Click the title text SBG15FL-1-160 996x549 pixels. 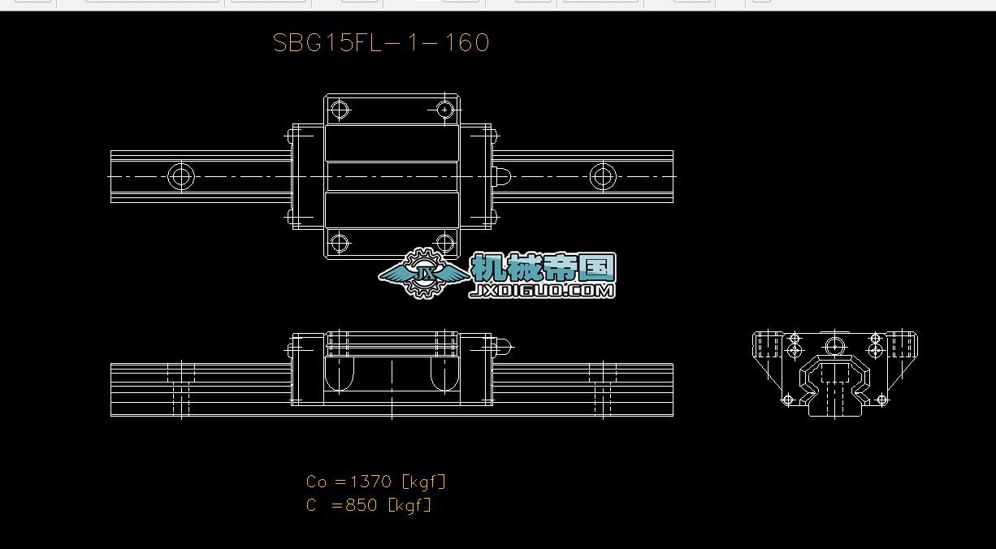click(381, 43)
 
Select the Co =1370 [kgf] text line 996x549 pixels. click(376, 482)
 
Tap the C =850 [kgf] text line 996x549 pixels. click(369, 505)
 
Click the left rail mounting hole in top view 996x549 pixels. click(181, 176)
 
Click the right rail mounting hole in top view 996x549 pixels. click(603, 176)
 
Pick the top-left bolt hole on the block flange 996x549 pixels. click(339, 109)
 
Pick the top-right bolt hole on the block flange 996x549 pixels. click(444, 109)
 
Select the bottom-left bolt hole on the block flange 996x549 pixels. click(339, 242)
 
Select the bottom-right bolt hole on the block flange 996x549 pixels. click(444, 242)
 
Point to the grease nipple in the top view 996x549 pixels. click(501, 176)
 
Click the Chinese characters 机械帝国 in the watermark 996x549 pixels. click(543, 267)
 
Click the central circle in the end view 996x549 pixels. click(835, 346)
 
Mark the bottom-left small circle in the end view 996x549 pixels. click(787, 400)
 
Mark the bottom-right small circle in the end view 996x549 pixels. click(882, 400)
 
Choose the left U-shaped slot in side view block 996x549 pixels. click(340, 374)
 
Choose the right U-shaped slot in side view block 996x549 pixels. click(444, 374)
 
